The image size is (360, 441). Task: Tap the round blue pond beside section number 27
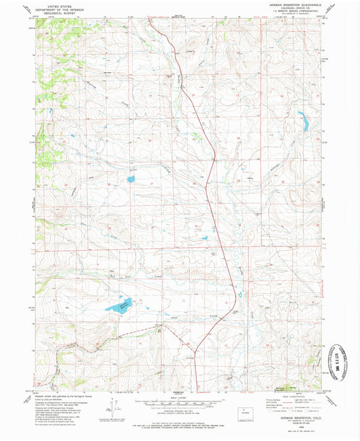(x=131, y=180)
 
